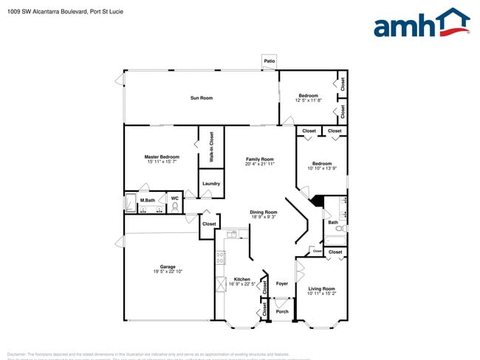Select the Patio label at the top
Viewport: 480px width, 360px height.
[270, 62]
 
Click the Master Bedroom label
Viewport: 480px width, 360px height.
[162, 156]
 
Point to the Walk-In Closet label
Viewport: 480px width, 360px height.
[211, 147]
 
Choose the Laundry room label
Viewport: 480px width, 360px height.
[211, 184]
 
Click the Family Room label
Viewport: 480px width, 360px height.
[260, 159]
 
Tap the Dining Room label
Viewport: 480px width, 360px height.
[263, 212]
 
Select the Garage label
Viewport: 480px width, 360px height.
[168, 267]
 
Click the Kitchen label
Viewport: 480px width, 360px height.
[242, 280]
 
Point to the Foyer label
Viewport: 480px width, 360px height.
[282, 283]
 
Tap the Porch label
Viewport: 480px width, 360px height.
[282, 311]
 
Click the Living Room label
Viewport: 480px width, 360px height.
[322, 288]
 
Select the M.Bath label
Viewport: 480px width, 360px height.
[148, 200]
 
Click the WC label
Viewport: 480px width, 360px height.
[174, 198]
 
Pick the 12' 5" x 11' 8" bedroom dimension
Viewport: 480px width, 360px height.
[308, 100]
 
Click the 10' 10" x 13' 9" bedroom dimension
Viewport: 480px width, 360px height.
[322, 168]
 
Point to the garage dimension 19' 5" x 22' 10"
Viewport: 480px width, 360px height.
[168, 271]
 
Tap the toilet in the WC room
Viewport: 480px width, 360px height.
[175, 207]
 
